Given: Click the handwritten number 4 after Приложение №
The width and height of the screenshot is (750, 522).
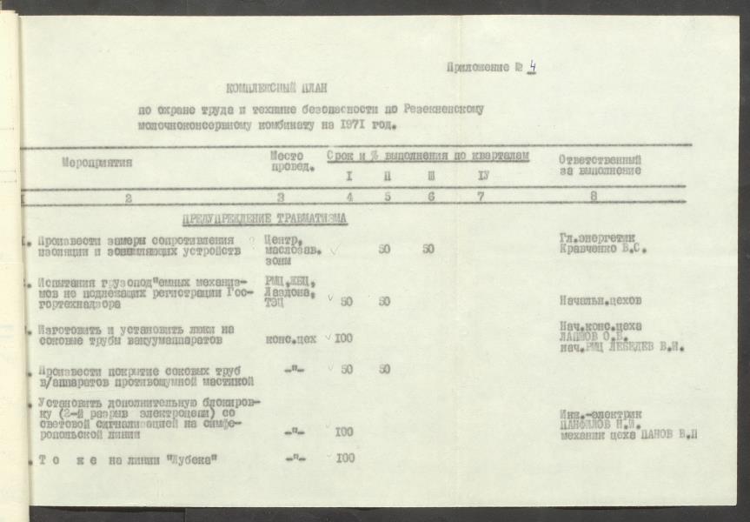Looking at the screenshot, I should tap(531, 67).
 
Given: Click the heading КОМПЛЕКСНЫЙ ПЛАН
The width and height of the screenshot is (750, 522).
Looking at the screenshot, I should tap(277, 87).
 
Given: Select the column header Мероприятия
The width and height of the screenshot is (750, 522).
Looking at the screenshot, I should tap(96, 162).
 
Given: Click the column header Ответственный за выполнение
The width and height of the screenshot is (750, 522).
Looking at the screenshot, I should tap(601, 165).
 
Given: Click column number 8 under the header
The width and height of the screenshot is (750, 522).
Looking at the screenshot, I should tap(594, 197).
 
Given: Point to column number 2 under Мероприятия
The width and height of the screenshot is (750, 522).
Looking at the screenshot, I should tap(129, 198).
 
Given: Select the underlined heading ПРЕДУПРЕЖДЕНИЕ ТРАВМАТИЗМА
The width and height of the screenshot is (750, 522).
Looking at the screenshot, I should tap(265, 218).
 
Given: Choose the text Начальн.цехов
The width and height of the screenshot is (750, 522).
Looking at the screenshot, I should tap(602, 301).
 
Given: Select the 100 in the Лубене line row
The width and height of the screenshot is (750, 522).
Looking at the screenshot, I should tap(345, 458).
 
